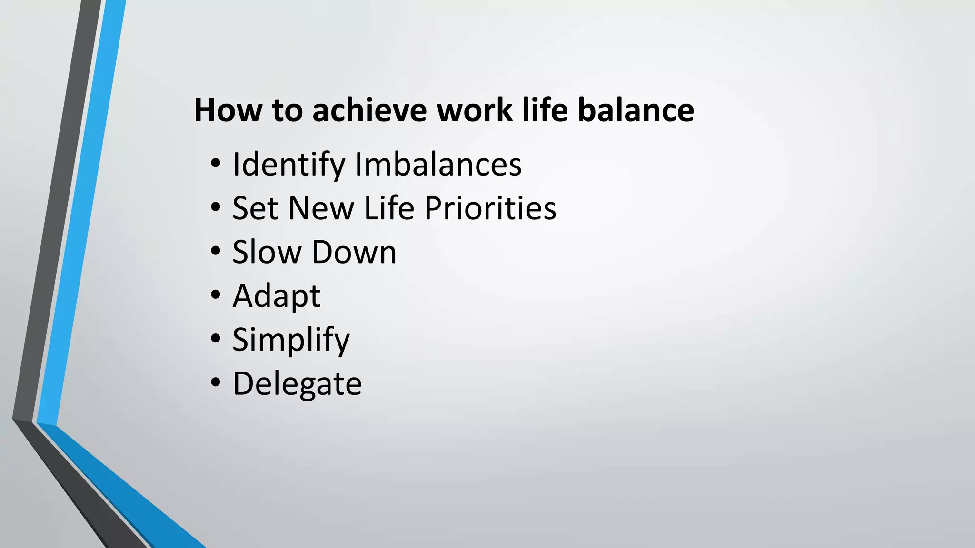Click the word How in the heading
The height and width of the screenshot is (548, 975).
click(228, 110)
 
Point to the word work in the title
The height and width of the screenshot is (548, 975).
click(474, 110)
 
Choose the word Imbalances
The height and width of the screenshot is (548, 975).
click(438, 164)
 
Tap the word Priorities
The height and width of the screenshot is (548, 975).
click(490, 208)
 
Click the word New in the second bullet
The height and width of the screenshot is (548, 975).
click(321, 208)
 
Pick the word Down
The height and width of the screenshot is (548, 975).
click(354, 252)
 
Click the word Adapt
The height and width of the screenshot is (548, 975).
click(276, 296)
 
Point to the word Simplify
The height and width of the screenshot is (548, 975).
click(291, 340)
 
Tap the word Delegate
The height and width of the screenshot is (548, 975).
click(297, 384)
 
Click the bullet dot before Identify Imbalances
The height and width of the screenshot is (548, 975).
click(216, 164)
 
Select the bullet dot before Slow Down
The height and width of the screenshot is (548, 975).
click(216, 251)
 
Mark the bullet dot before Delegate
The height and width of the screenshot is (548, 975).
click(216, 382)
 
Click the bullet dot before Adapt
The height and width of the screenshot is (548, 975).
click(216, 295)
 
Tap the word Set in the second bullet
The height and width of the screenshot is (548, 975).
click(255, 208)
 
